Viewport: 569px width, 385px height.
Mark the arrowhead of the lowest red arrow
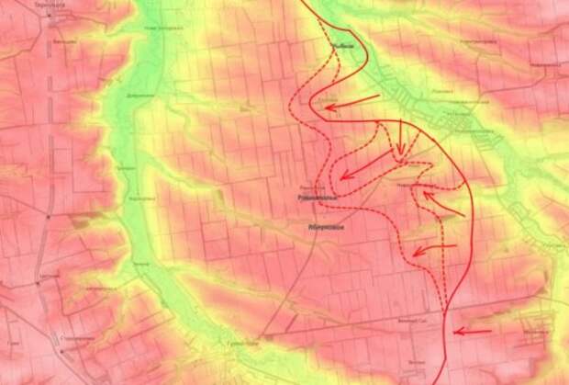coord(457,332)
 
